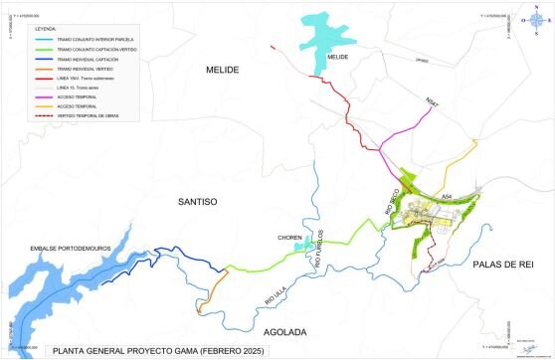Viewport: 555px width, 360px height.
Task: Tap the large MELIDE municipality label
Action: click(224, 69)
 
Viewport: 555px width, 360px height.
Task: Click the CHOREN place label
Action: click(290, 238)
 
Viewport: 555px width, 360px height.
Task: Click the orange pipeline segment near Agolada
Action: click(209, 294)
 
